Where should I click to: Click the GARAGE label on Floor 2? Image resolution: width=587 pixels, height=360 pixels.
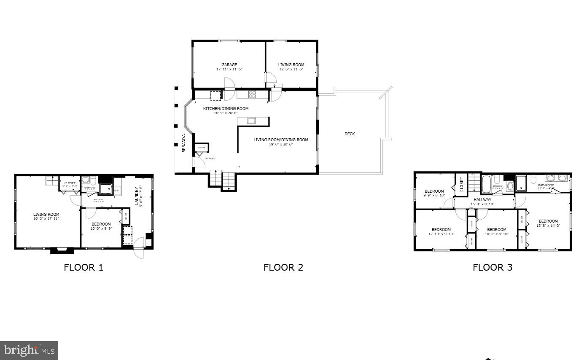229,65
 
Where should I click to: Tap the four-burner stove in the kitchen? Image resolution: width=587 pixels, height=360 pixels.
252,94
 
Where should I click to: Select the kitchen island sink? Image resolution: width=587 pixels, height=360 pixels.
251,121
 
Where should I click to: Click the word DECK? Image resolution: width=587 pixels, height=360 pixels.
350,134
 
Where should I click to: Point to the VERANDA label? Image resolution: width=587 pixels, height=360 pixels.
184,143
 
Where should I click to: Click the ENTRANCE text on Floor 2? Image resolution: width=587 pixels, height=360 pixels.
210,159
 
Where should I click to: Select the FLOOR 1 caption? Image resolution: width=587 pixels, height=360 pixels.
83,267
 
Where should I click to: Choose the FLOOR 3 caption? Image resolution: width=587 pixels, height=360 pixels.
492,267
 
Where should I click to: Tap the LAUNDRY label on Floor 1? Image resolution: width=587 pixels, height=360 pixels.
136,196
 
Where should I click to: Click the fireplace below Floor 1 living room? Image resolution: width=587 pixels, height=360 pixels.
62,251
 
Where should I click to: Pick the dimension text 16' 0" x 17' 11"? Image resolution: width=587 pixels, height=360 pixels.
46,218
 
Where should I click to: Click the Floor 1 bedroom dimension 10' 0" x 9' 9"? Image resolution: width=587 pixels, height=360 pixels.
101,229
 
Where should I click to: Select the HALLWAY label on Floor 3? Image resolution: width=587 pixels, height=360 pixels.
482,200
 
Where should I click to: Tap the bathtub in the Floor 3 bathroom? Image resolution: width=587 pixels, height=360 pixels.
486,185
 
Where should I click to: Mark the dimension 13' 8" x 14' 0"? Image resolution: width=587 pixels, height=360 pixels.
548,226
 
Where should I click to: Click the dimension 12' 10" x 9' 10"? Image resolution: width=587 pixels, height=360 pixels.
441,234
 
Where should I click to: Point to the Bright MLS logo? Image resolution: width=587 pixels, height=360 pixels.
29,350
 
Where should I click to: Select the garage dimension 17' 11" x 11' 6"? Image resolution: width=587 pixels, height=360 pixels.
229,69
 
